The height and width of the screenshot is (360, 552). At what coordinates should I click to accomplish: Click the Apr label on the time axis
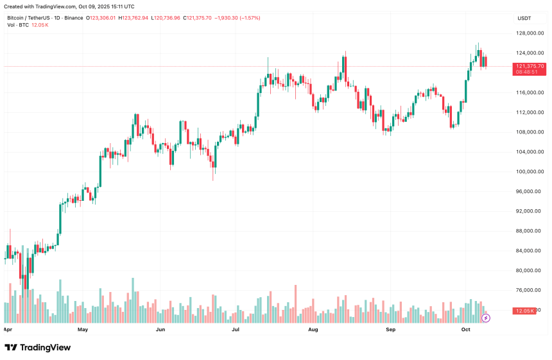(x=8, y=329)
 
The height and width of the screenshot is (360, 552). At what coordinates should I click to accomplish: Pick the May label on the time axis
(x=82, y=329)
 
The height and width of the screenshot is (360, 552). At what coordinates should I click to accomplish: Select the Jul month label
(x=236, y=329)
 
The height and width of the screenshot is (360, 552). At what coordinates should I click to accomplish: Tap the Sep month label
(x=390, y=329)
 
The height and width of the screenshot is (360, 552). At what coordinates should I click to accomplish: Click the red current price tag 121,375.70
(x=530, y=66)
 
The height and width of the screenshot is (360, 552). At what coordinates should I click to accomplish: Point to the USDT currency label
(x=524, y=18)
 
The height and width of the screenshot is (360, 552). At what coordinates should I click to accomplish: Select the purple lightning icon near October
(x=486, y=318)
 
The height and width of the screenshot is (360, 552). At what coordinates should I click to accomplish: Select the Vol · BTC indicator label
(x=18, y=25)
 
